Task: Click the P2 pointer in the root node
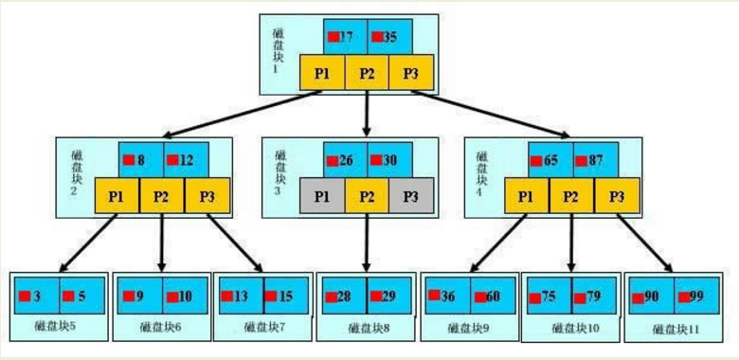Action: tap(367, 73)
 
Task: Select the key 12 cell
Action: tap(185, 160)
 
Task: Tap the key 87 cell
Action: tap(594, 160)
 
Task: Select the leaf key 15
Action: tap(282, 296)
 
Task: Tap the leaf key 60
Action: tap(489, 296)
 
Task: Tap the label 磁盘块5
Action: tap(55, 328)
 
